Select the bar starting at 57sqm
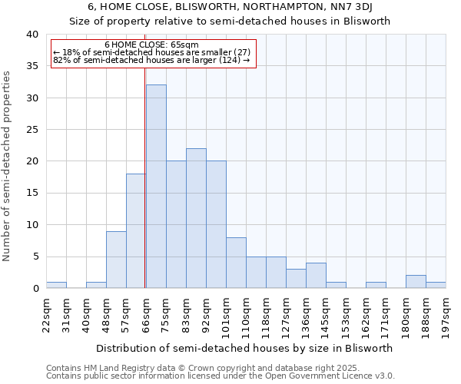[136, 231]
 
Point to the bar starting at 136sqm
[316, 276]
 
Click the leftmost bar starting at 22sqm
[56, 285]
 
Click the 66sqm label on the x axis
[146, 313]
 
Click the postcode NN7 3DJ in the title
[350, 8]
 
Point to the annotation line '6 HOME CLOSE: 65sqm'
[151, 45]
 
